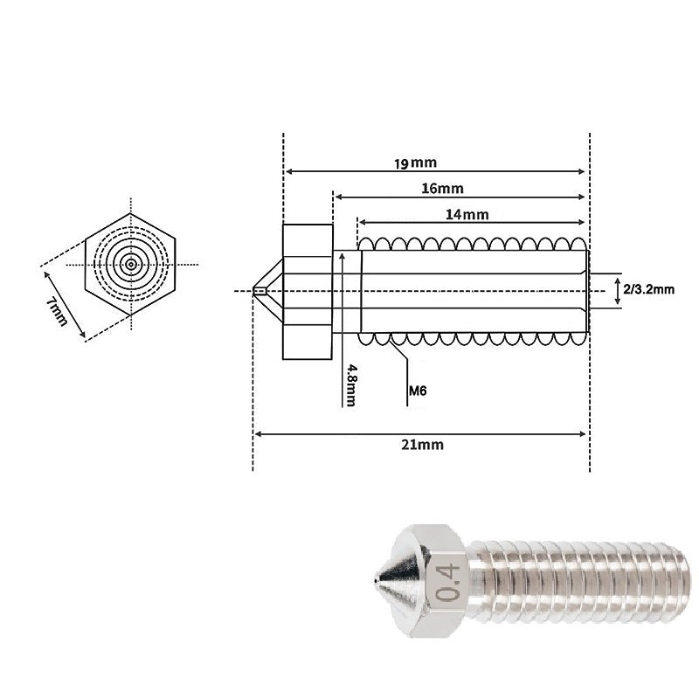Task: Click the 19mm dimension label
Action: coord(414,163)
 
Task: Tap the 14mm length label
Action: coord(467,214)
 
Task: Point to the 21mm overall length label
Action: coord(422,444)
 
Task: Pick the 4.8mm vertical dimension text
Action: coord(350,384)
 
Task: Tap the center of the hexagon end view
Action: coord(131,264)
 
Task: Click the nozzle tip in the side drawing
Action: coord(257,291)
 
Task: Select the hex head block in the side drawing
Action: coord(307,291)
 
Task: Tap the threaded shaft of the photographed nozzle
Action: coord(577,578)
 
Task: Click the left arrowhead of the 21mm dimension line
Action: coord(258,433)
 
